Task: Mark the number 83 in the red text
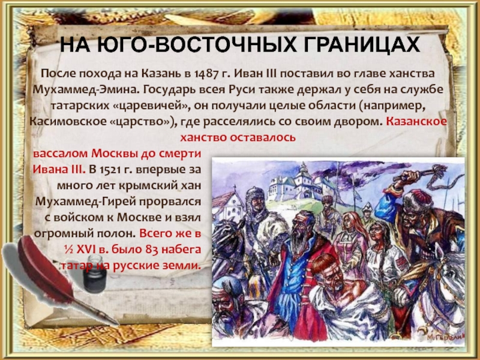coord(152,250)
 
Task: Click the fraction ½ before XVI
coord(68,250)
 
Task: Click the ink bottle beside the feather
coord(95,274)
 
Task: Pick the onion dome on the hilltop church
coord(304,168)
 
